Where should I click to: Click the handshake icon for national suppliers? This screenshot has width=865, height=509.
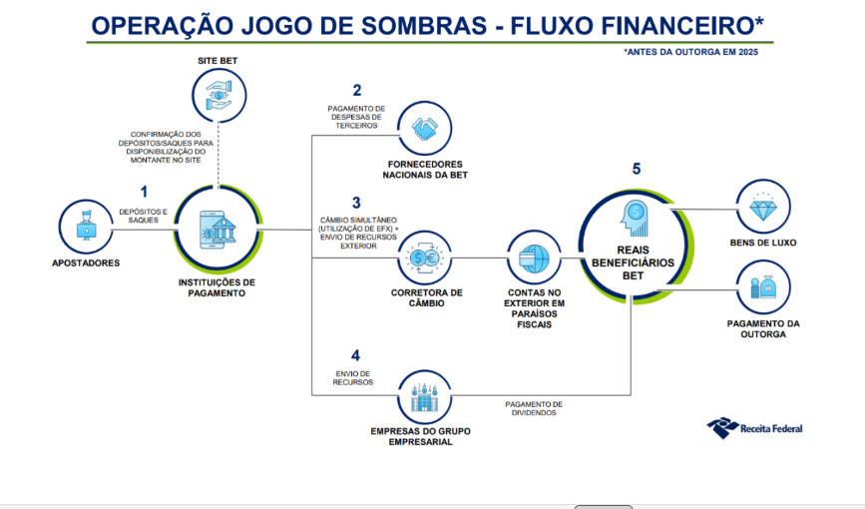(x=425, y=129)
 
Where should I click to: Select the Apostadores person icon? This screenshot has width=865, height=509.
(x=86, y=226)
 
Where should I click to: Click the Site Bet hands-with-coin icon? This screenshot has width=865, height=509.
(x=219, y=95)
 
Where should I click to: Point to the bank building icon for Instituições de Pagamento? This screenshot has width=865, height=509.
(x=218, y=230)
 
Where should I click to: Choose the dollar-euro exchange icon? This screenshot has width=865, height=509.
(x=424, y=258)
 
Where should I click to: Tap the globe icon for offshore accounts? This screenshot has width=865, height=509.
(x=534, y=258)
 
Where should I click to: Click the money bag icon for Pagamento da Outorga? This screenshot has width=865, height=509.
(x=763, y=287)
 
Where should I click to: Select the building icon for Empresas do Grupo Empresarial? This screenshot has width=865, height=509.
(x=424, y=397)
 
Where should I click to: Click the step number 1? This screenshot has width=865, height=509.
(x=144, y=192)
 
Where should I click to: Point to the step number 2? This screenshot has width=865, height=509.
(x=357, y=90)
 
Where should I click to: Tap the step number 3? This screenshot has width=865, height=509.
(x=356, y=204)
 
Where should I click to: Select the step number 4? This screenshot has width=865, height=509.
(x=355, y=355)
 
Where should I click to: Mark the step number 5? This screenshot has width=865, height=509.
(x=637, y=169)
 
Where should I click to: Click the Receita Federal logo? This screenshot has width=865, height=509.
(x=754, y=428)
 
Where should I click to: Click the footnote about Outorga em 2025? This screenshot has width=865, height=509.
(x=691, y=52)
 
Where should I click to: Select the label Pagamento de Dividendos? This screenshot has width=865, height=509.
(x=534, y=408)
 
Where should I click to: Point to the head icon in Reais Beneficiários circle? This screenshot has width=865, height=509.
(x=634, y=219)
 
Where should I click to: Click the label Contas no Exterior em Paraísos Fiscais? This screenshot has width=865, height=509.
(x=534, y=308)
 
